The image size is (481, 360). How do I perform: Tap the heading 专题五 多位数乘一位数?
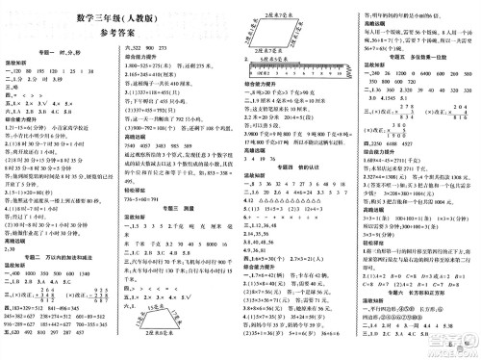pos(419,59)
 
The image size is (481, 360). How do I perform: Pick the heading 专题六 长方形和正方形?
pos(418,290)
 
